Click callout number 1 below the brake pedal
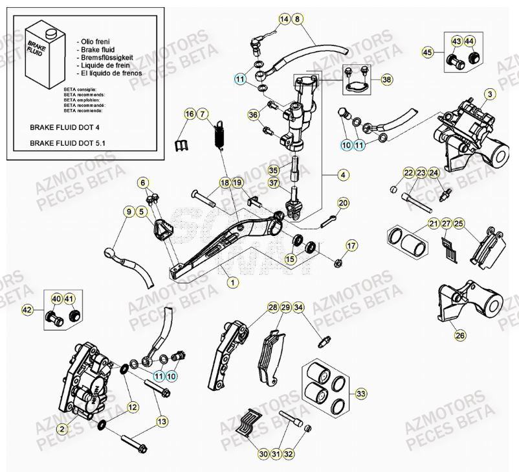[x=232, y=282]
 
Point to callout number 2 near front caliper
[x=62, y=429]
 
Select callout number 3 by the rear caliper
[x=490, y=95]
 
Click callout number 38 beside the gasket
[x=386, y=80]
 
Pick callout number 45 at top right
[x=427, y=51]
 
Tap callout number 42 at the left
[x=28, y=310]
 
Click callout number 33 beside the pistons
[x=360, y=394]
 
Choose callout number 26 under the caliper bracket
[x=460, y=335]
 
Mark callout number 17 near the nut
[x=351, y=246]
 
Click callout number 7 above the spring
[x=202, y=115]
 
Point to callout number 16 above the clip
[x=189, y=115]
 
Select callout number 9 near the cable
[x=129, y=211]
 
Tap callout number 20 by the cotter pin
[x=343, y=203]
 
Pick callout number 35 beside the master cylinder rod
[x=273, y=170]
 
